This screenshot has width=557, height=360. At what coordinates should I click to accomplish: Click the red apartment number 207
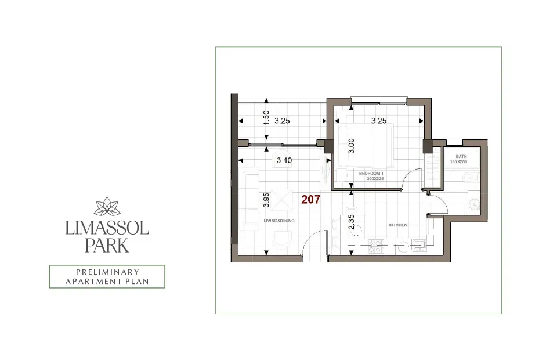pyautogui.click(x=310, y=199)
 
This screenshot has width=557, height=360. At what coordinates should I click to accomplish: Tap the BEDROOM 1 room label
pyautogui.click(x=372, y=174)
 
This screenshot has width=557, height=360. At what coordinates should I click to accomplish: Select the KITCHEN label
pyautogui.click(x=397, y=225)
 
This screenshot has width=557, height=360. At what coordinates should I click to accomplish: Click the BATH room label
pyautogui.click(x=461, y=157)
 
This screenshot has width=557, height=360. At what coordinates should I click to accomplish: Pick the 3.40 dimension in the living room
pyautogui.click(x=284, y=160)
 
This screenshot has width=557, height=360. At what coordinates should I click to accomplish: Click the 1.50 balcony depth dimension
pyautogui.click(x=266, y=118)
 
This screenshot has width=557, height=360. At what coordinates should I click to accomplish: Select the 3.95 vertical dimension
pyautogui.click(x=266, y=200)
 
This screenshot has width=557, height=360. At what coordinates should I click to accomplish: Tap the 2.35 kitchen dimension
pyautogui.click(x=351, y=223)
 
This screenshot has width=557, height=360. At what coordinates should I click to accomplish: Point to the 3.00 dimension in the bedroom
pyautogui.click(x=351, y=145)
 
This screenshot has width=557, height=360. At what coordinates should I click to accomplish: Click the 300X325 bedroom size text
pyautogui.click(x=376, y=179)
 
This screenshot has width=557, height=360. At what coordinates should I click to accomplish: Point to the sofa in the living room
pyautogui.click(x=251, y=197)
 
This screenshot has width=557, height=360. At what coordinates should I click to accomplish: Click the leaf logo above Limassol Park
pyautogui.click(x=107, y=207)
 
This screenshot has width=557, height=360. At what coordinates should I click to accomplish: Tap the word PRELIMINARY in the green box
pyautogui.click(x=107, y=272)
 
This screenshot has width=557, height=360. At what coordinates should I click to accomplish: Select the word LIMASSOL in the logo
pyautogui.click(x=107, y=228)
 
